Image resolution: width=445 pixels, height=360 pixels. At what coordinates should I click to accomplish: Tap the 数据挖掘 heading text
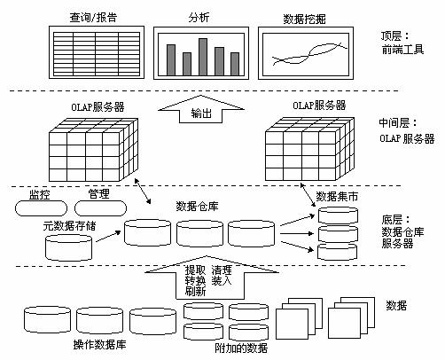[302, 16]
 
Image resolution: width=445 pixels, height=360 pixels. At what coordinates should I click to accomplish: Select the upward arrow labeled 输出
[202, 113]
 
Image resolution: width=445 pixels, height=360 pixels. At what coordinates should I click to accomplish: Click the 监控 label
[40, 193]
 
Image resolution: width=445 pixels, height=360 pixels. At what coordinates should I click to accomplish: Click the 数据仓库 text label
[198, 206]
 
